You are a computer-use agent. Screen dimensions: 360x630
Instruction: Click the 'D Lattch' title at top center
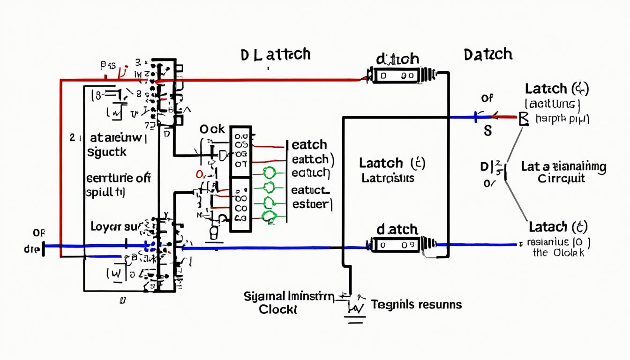pos(275,54)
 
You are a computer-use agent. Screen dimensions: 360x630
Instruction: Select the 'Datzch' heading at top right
pos(487,54)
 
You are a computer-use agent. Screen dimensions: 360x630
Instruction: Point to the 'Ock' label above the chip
pos(212,129)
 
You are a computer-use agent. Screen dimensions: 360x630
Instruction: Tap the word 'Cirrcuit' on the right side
pos(561,179)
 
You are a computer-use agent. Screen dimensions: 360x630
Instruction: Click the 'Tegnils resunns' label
pos(416,305)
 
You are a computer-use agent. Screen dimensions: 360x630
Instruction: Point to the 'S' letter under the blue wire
pos(487,131)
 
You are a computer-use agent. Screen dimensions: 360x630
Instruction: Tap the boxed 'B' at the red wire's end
pos(524,119)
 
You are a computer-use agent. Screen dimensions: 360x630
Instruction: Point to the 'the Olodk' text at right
pos(559,253)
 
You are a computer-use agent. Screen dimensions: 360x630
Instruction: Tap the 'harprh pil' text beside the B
pos(562,119)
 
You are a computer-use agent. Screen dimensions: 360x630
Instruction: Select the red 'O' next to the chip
pos(199,174)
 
